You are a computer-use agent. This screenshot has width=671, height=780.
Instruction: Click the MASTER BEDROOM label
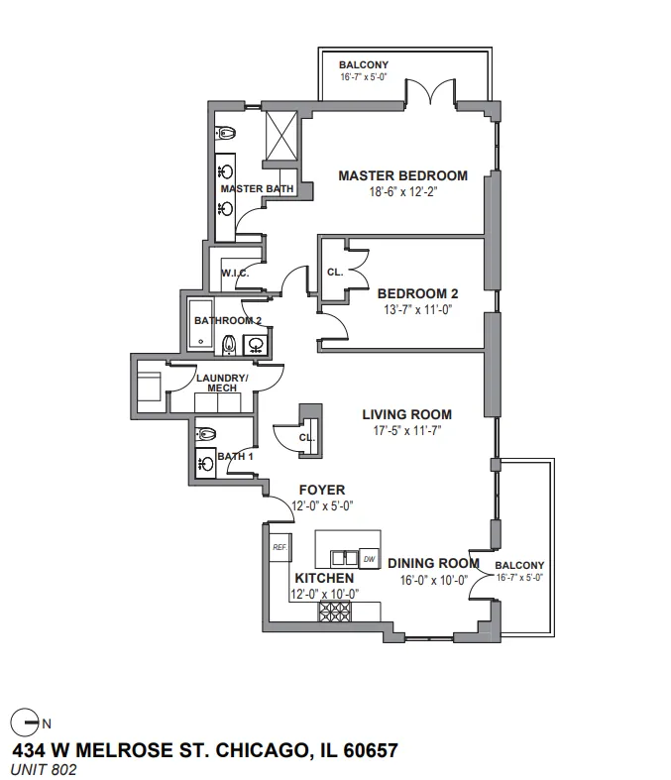pos(403,175)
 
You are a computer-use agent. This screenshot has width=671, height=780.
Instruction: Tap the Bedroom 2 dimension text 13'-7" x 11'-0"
pos(417,310)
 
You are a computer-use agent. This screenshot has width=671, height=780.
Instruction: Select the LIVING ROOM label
pos(407,414)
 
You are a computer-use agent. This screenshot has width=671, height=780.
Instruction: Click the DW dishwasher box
pos(370,559)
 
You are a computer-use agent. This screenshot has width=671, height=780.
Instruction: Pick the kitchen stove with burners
pos(335,612)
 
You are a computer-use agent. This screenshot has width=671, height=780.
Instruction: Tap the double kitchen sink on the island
pos(345,558)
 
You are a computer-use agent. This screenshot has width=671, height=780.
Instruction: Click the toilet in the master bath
pos(225,133)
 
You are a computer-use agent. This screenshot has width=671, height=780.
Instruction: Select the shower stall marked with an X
pos(281,136)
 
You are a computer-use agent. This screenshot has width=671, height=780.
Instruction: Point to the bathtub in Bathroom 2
pos(201,324)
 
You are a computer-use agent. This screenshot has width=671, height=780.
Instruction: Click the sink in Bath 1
pos(205,464)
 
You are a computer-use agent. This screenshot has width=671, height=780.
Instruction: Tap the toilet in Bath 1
pos(205,434)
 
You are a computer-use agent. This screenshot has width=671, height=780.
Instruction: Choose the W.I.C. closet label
pos(235,274)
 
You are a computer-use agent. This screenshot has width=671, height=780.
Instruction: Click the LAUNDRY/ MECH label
pos(222,383)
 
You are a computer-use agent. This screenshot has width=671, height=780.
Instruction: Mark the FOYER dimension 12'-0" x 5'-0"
pos(322,505)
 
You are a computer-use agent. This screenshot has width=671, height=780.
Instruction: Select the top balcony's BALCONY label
pos(364,64)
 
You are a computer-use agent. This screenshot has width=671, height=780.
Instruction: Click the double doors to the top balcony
pos(430,91)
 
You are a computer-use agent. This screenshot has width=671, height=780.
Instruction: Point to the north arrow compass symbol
pos(25,723)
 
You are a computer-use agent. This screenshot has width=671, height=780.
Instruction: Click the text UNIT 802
pos(44,769)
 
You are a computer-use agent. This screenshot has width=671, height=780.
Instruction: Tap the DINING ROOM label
pos(433,563)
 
